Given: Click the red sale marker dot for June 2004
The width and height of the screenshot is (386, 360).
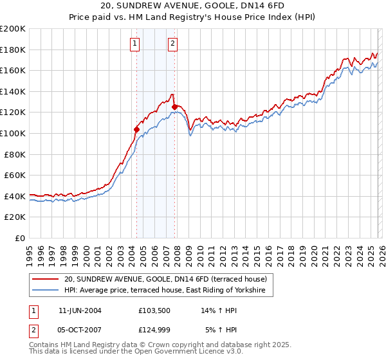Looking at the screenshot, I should coord(136,129).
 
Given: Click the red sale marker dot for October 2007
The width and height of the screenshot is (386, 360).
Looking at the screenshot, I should coord(174,107).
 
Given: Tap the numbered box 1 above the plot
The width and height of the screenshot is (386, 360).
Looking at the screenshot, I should coord(135,44).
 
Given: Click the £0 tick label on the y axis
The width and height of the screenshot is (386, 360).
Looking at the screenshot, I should coord(20,238).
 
